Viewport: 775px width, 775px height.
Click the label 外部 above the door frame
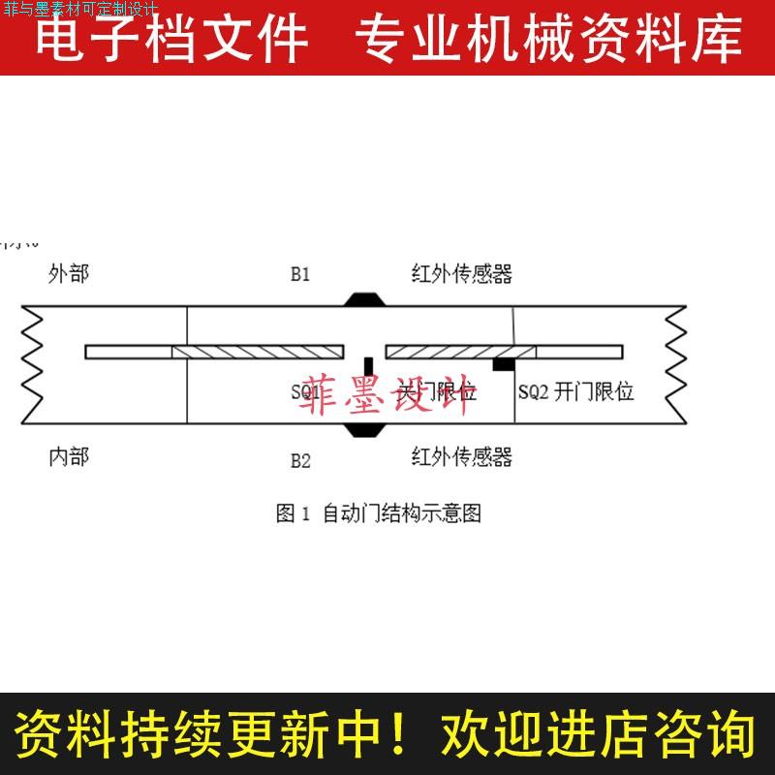68,274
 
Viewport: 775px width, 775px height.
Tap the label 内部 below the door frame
68,456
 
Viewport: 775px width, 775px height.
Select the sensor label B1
300,274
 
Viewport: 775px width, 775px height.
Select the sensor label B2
300,460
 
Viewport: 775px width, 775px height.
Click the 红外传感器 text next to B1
461,274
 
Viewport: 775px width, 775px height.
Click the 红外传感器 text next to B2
461,456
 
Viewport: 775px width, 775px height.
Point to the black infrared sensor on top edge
364,299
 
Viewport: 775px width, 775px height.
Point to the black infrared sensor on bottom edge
364,429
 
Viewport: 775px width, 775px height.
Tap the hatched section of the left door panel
258,352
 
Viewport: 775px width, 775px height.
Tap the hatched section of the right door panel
461,352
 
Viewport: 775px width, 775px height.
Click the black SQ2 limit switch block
504,364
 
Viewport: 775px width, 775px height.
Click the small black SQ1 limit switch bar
368,365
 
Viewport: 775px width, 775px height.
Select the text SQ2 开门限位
575,392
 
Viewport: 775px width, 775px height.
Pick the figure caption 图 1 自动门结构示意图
378,513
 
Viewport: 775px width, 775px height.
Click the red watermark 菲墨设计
387,395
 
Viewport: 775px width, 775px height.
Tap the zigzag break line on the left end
31,365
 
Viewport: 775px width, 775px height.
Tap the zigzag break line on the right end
676,365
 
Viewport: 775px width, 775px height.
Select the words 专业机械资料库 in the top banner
548,39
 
